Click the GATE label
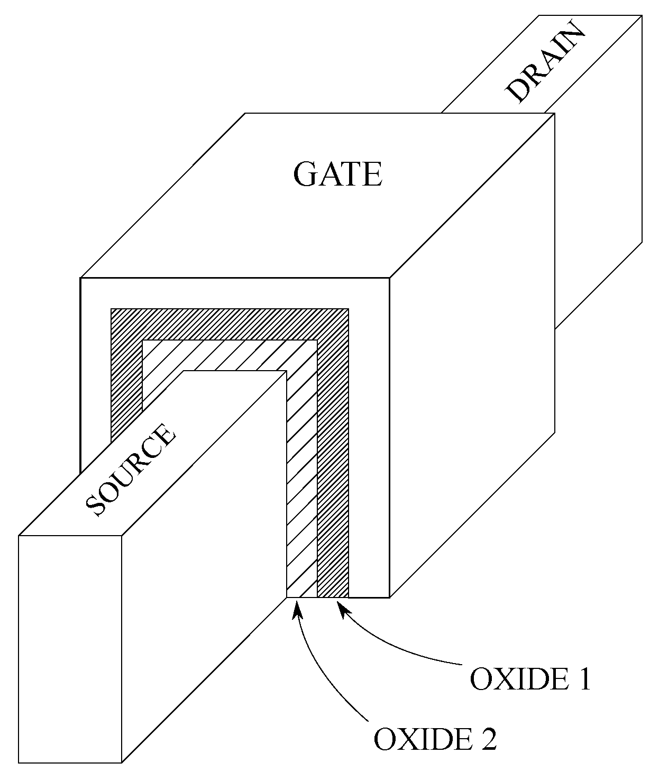[x=337, y=174]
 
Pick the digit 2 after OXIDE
[x=488, y=738]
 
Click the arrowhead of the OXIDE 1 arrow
[x=342, y=610]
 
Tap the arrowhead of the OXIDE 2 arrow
[x=297, y=610]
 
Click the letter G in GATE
[x=306, y=174]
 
